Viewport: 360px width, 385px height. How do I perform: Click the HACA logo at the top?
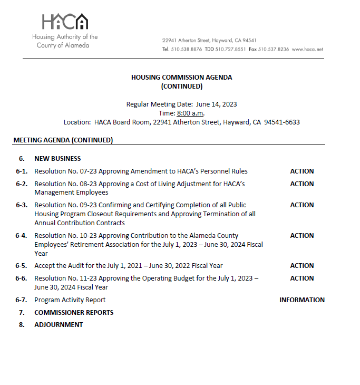[65, 22]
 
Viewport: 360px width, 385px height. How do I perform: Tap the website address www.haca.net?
[307, 49]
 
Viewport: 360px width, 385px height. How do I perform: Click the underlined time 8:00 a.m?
[190, 113]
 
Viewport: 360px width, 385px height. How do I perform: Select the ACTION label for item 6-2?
[301, 184]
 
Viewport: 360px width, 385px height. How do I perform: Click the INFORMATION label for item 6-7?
[301, 300]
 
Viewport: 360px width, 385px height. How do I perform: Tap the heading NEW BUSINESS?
[57, 159]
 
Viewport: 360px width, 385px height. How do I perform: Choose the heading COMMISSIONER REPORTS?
[74, 313]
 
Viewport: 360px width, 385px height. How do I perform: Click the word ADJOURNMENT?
[59, 325]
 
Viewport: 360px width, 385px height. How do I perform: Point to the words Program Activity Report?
[70, 300]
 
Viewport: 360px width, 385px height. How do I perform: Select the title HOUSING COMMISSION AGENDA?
[181, 78]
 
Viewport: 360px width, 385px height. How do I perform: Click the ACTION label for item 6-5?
[301, 266]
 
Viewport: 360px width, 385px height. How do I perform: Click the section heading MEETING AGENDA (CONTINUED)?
[63, 140]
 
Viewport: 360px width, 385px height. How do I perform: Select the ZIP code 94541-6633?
[282, 122]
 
